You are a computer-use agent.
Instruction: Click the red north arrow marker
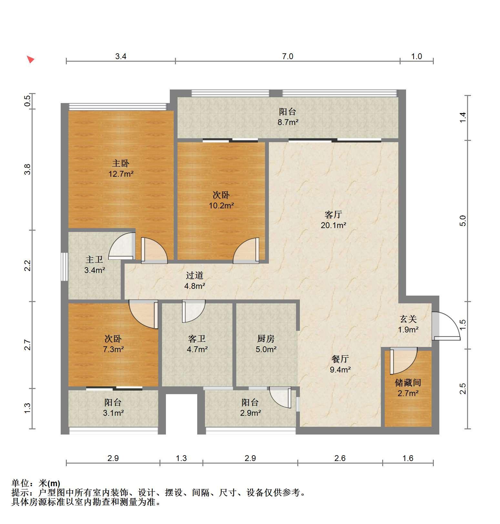coord(31,59)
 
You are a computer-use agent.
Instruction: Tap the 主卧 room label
coord(121,163)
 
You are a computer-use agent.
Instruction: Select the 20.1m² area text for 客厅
coord(333,225)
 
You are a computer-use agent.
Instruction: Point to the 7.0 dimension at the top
coord(288,57)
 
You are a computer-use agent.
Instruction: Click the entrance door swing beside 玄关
coord(446,326)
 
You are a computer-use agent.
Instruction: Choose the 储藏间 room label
coord(408,383)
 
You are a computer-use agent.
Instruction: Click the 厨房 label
coord(266,339)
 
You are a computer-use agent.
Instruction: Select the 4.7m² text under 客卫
coord(197,349)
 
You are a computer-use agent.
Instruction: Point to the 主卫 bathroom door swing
coord(122,246)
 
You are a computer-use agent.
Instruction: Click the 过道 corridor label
coord(195,275)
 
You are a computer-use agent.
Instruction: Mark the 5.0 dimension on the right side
coord(463,221)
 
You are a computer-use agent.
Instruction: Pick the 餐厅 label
coord(340,359)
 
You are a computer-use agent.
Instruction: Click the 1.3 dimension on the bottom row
coord(181,458)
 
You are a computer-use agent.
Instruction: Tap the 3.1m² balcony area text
coord(114,413)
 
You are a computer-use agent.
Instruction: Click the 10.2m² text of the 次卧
coord(221,205)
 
